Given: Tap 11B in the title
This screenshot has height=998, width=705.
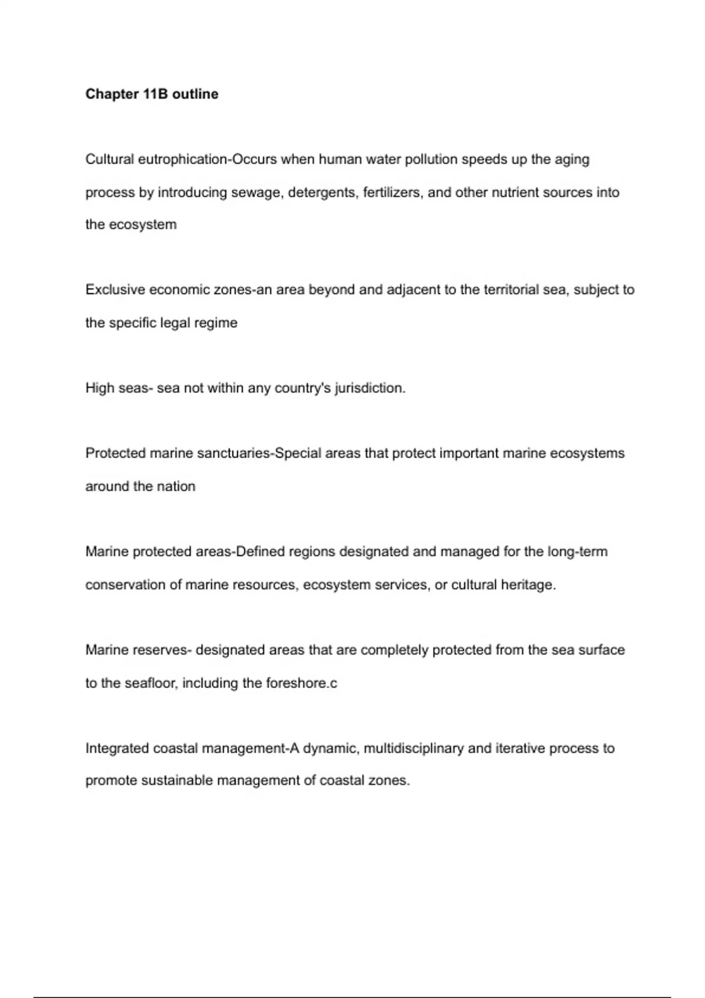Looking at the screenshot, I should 155,94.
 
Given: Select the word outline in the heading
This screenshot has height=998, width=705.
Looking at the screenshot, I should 195,94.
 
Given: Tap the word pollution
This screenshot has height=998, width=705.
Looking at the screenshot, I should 431,160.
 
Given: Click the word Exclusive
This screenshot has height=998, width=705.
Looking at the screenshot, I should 115,290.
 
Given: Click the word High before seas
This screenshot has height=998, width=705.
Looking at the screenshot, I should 100,388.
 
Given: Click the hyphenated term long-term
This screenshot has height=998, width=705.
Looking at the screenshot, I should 578,552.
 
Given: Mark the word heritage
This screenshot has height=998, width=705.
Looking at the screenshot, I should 528,585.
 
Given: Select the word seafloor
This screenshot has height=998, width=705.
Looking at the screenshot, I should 150,683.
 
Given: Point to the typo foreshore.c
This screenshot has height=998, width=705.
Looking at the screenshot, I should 301,683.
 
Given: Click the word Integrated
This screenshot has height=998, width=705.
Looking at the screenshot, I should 117,748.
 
